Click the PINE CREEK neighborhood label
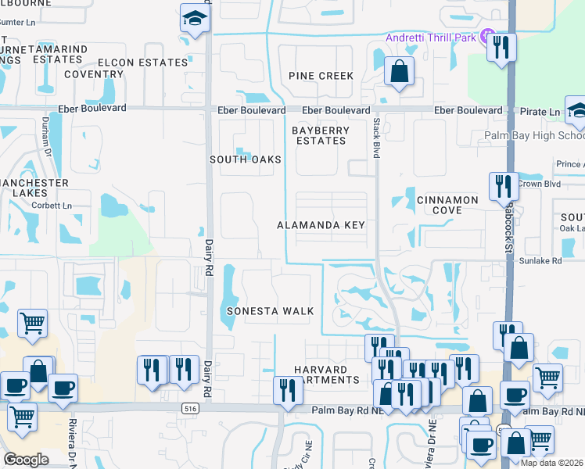[321, 76]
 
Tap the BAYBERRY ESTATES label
[321, 135]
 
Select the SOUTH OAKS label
[245, 159]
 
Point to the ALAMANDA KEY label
[321, 225]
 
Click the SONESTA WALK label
[270, 311]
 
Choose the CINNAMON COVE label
[447, 205]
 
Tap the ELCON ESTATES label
[142, 63]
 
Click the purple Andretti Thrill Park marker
[487, 36]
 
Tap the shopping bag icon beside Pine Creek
[399, 73]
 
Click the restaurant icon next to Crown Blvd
[502, 186]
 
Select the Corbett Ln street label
[52, 206]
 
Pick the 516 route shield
[188, 409]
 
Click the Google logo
[26, 460]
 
